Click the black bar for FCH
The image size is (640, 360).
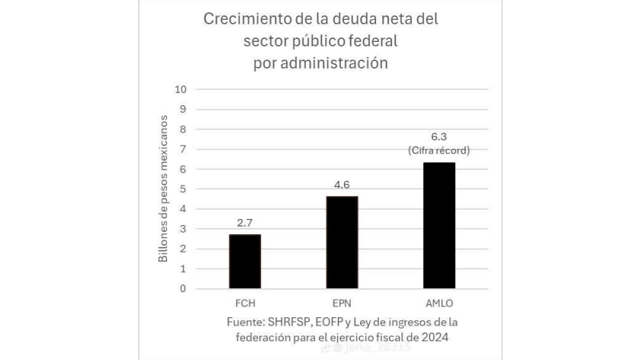pos(245,261)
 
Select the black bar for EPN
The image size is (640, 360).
pos(342,242)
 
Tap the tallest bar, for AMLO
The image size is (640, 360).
pos(439,225)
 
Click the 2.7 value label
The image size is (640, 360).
pos(245,223)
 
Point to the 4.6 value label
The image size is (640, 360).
pos(342,185)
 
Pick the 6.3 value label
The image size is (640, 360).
pos(439,136)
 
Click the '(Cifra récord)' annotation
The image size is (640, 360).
pos(439,150)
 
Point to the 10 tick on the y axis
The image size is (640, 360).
pos(181,88)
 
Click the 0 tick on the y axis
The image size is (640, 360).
pos(183,289)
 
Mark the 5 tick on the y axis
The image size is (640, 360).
pos(183,189)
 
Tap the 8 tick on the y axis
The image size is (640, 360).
pos(183,129)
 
